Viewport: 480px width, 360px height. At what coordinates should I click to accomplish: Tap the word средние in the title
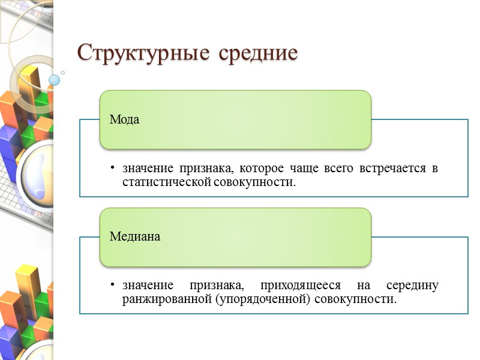(258, 53)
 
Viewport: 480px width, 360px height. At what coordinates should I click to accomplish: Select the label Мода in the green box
(124, 119)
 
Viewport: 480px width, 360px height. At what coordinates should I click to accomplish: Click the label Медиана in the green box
(135, 236)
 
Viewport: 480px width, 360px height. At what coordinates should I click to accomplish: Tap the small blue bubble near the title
(55, 80)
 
